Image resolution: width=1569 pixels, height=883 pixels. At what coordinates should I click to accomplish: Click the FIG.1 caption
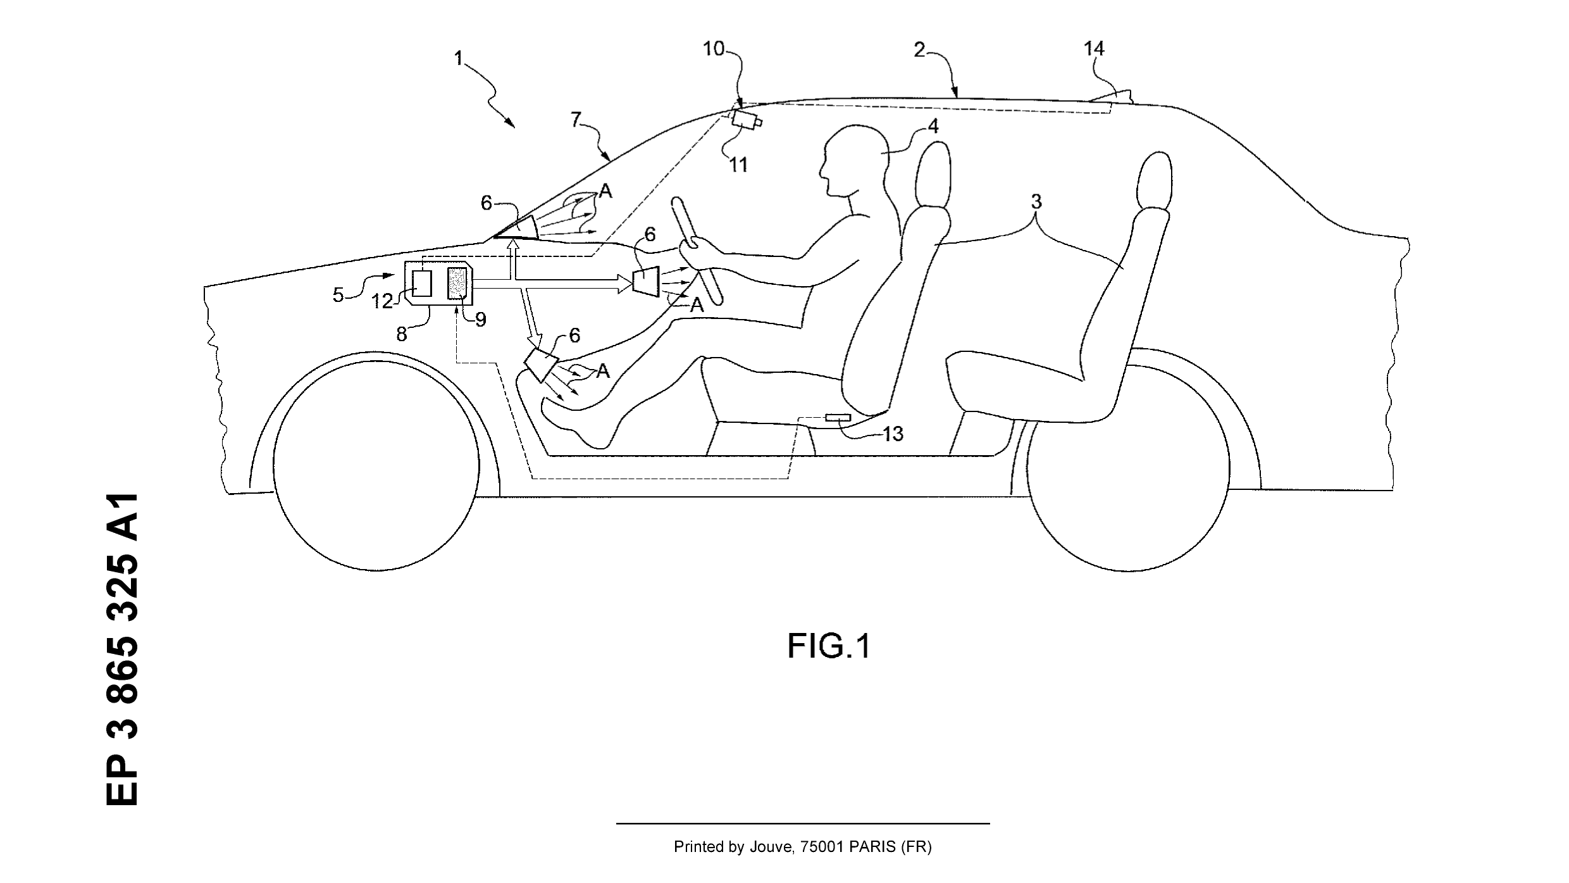tap(829, 646)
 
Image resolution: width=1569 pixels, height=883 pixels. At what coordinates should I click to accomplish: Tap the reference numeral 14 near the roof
tap(1094, 49)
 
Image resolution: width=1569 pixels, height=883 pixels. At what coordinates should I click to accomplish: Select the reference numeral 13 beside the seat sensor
tap(893, 434)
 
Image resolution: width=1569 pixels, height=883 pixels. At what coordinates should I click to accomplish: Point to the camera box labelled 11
tap(745, 120)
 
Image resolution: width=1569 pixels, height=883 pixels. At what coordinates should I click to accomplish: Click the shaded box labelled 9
tap(457, 283)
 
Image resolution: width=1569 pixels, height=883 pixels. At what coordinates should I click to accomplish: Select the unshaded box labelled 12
tap(422, 283)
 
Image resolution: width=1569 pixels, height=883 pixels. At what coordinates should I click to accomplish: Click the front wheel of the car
tap(375, 469)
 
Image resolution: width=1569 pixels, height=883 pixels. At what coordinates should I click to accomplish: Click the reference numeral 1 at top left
tap(459, 59)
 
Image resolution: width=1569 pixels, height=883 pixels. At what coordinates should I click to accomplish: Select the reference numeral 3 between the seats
tap(1036, 202)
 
